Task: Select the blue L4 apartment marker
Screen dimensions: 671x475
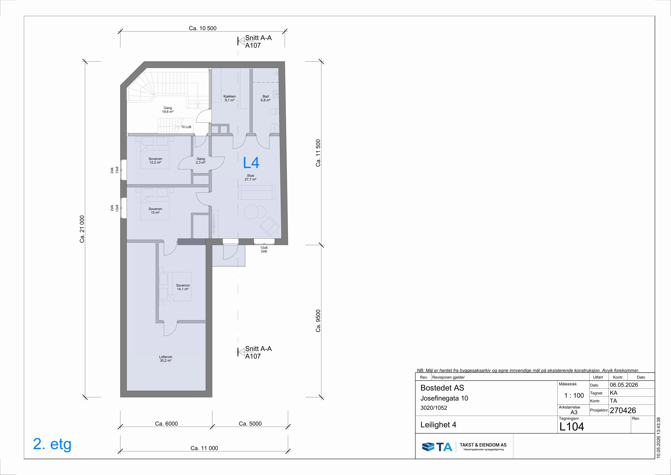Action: pos(251,163)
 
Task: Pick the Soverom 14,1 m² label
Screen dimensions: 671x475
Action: pos(183,287)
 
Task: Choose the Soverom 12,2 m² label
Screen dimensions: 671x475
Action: pos(155,161)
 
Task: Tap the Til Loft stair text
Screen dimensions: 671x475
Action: pos(186,127)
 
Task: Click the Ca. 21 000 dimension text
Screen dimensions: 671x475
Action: pos(82,229)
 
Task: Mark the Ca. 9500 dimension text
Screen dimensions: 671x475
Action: pos(318,321)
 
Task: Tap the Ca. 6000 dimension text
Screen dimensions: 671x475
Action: pos(166,424)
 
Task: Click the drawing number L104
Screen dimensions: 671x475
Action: pos(572,427)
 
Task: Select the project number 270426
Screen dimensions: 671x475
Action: pos(623,410)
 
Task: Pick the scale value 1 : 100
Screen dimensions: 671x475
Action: pos(574,395)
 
